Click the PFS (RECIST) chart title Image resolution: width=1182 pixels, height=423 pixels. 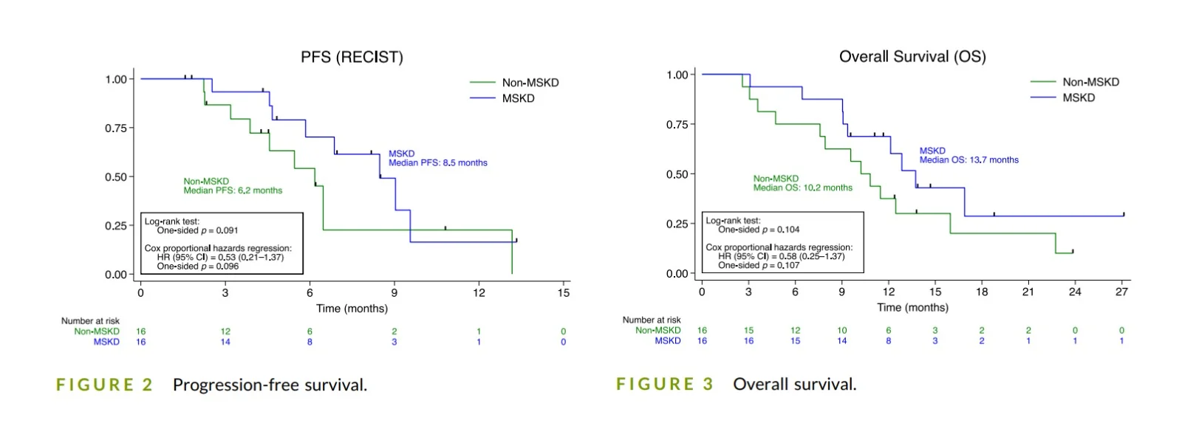click(352, 58)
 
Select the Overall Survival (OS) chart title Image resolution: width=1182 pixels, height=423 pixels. click(912, 57)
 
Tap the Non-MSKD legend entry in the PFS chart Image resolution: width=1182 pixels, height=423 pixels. click(530, 83)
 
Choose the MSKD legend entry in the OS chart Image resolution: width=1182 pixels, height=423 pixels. click(1079, 97)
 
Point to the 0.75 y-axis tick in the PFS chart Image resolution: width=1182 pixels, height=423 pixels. click(115, 128)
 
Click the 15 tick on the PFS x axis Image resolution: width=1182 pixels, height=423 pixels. click(564, 293)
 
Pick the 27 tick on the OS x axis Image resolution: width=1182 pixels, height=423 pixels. click(1121, 292)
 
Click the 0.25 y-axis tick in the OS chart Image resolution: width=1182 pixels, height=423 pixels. click(677, 224)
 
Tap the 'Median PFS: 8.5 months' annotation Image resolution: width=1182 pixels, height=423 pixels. click(438, 163)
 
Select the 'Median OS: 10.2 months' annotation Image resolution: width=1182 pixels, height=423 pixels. click(802, 188)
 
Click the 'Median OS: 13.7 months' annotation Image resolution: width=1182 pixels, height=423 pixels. click(969, 160)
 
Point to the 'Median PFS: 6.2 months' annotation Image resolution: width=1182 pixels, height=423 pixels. click(233, 190)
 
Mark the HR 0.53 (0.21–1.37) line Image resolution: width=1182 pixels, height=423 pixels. click(220, 258)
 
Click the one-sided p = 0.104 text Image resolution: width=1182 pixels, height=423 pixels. click(759, 230)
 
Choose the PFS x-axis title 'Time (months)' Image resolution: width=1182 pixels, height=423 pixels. click(352, 309)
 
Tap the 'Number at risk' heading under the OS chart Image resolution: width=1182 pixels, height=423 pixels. click(652, 320)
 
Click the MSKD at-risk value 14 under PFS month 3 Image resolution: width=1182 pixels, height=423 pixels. click(225, 342)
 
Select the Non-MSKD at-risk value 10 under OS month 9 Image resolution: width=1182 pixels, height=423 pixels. click(841, 331)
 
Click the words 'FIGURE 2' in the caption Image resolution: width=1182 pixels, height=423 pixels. click(104, 385)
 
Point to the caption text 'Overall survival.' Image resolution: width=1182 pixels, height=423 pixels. click(794, 384)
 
